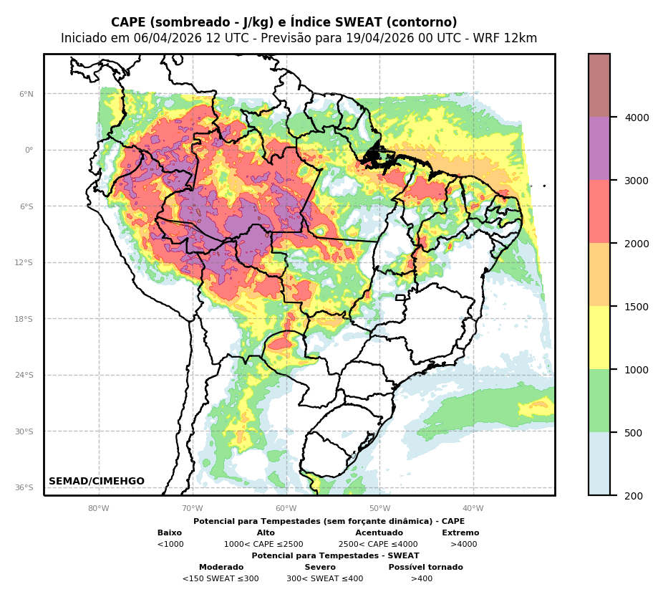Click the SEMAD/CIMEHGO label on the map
point(97,482)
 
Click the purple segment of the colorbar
point(599,148)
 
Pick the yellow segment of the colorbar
point(599,338)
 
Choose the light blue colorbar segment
point(599,464)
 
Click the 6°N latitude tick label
point(26,94)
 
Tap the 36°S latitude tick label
point(25,487)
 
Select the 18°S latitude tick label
point(25,319)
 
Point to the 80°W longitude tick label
point(99,509)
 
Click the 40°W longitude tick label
point(473,509)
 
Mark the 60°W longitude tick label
point(286,509)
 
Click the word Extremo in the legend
point(460,533)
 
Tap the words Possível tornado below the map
point(425,568)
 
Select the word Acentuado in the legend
point(379,533)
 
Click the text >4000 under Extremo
point(463,545)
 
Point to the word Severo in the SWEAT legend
point(320,568)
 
